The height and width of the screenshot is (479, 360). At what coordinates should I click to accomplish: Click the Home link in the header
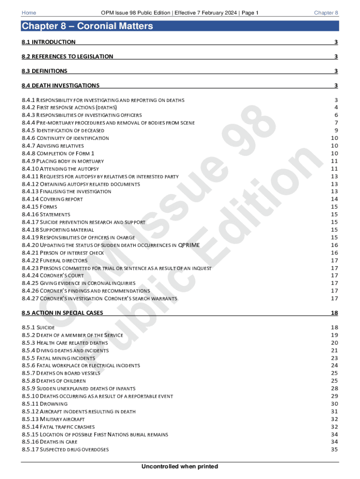tap(29, 13)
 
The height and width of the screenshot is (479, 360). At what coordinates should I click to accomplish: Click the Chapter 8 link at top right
tap(326, 13)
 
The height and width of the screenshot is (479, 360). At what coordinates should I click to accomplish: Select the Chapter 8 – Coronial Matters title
tap(87, 26)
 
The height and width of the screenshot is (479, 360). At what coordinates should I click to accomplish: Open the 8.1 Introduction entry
tap(49, 42)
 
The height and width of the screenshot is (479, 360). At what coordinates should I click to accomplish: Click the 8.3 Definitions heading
tap(44, 71)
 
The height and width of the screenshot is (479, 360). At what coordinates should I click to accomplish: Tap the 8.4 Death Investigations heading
tap(60, 86)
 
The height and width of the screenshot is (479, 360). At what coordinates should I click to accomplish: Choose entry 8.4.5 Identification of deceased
tap(63, 131)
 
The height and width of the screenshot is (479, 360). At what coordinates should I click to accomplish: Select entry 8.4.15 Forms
tap(39, 207)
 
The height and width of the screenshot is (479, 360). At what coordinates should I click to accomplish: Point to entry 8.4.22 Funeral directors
tap(55, 261)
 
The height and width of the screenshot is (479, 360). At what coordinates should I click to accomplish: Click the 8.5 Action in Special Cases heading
tap(62, 312)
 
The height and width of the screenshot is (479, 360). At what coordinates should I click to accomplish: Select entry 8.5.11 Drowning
tap(44, 404)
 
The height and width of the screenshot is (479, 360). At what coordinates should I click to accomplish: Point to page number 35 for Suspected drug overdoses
tap(334, 450)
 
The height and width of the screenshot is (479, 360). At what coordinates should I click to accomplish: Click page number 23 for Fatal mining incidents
tap(334, 358)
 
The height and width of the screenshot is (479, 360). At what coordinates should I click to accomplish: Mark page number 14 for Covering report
tap(334, 199)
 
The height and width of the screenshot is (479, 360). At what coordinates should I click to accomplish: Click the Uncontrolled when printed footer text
tap(180, 466)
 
